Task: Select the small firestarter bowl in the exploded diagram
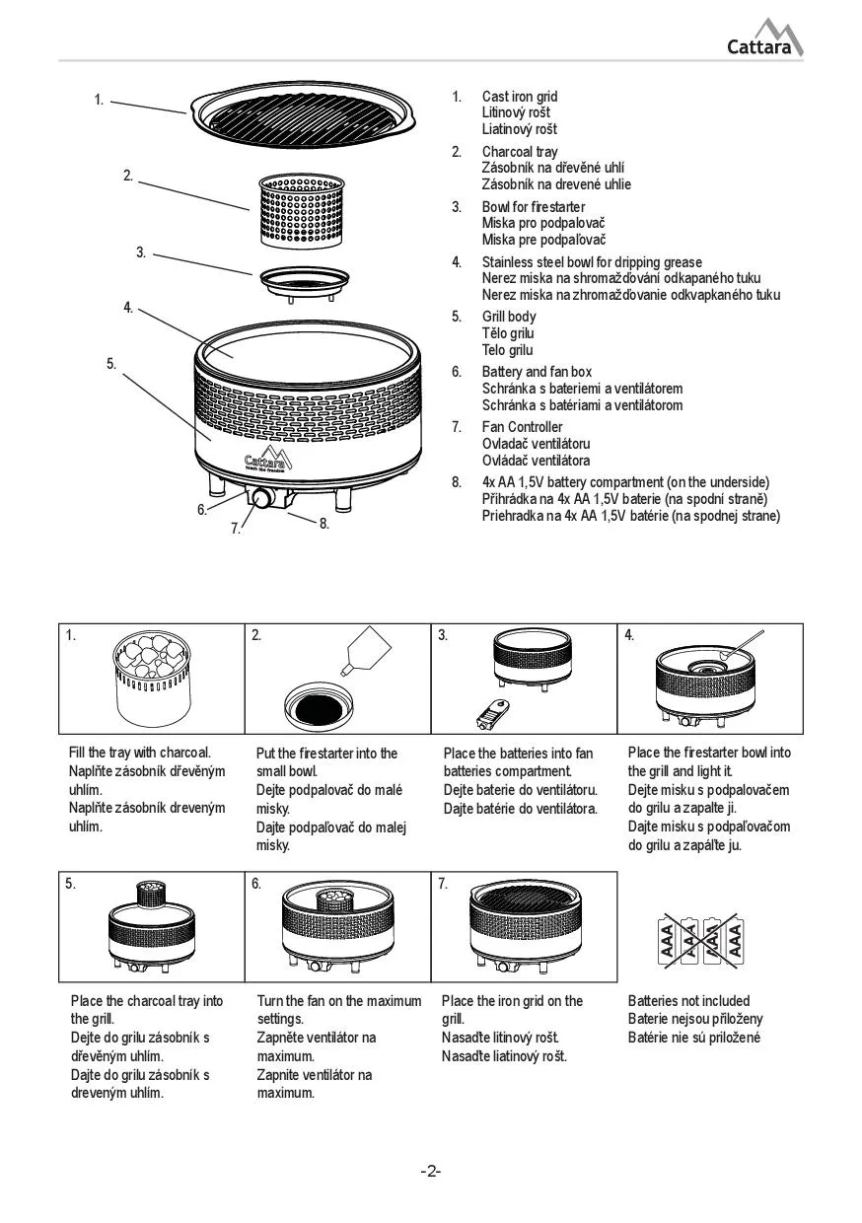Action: pos(304,281)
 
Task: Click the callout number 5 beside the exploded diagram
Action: pos(111,363)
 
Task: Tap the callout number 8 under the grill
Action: pos(323,523)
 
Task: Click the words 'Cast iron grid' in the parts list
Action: pos(519,97)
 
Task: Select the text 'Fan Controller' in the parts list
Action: pos(522,427)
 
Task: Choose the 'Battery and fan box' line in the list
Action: pos(537,372)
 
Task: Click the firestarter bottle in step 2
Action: pos(367,649)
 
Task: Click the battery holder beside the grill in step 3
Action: pos(490,710)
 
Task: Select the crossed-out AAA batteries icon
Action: pos(700,938)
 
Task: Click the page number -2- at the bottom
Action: pos(431,1171)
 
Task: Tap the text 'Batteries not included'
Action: pos(688,1001)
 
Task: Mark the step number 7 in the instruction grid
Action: pos(443,884)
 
